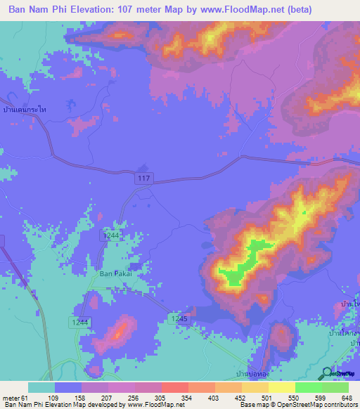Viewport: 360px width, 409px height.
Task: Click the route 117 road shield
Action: click(143, 180)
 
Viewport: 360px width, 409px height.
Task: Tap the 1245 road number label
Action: click(180, 318)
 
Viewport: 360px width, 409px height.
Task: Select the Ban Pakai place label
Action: click(115, 273)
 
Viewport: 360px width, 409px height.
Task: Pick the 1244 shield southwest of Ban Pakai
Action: click(79, 321)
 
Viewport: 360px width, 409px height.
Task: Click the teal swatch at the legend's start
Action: click(41, 387)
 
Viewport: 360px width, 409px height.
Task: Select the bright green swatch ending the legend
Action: click(335, 387)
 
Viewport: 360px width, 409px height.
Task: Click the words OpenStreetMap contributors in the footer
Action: click(317, 405)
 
